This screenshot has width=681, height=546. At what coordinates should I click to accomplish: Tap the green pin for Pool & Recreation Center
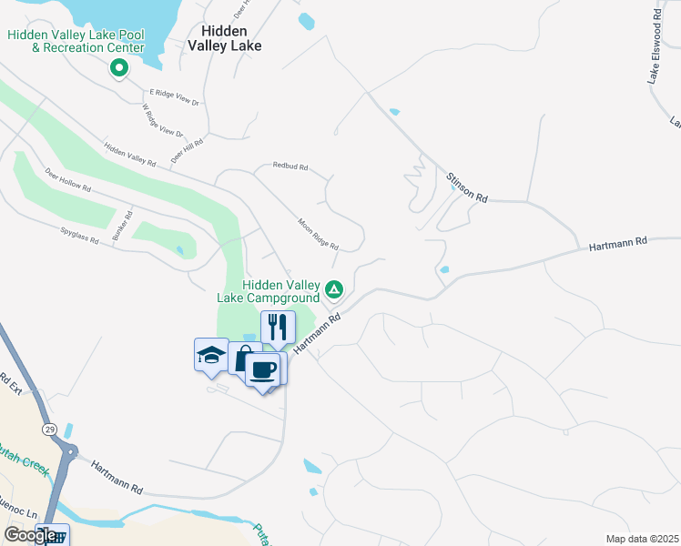[x=118, y=67]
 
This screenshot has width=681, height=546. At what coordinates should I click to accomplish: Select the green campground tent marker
[x=334, y=290]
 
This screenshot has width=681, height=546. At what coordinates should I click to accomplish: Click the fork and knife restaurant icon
[x=278, y=327]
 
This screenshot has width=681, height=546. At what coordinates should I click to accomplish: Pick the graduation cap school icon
[x=211, y=354]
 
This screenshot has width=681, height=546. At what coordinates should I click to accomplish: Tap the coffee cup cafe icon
[x=264, y=369]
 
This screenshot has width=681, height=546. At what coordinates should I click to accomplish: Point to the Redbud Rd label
[x=291, y=167]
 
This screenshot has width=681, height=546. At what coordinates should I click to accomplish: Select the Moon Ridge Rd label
[x=319, y=234]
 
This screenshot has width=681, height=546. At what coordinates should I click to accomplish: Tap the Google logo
[x=30, y=535]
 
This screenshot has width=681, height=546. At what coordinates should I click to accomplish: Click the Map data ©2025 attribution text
[x=642, y=539]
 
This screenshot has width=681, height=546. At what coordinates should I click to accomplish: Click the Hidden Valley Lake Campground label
[x=268, y=291]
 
